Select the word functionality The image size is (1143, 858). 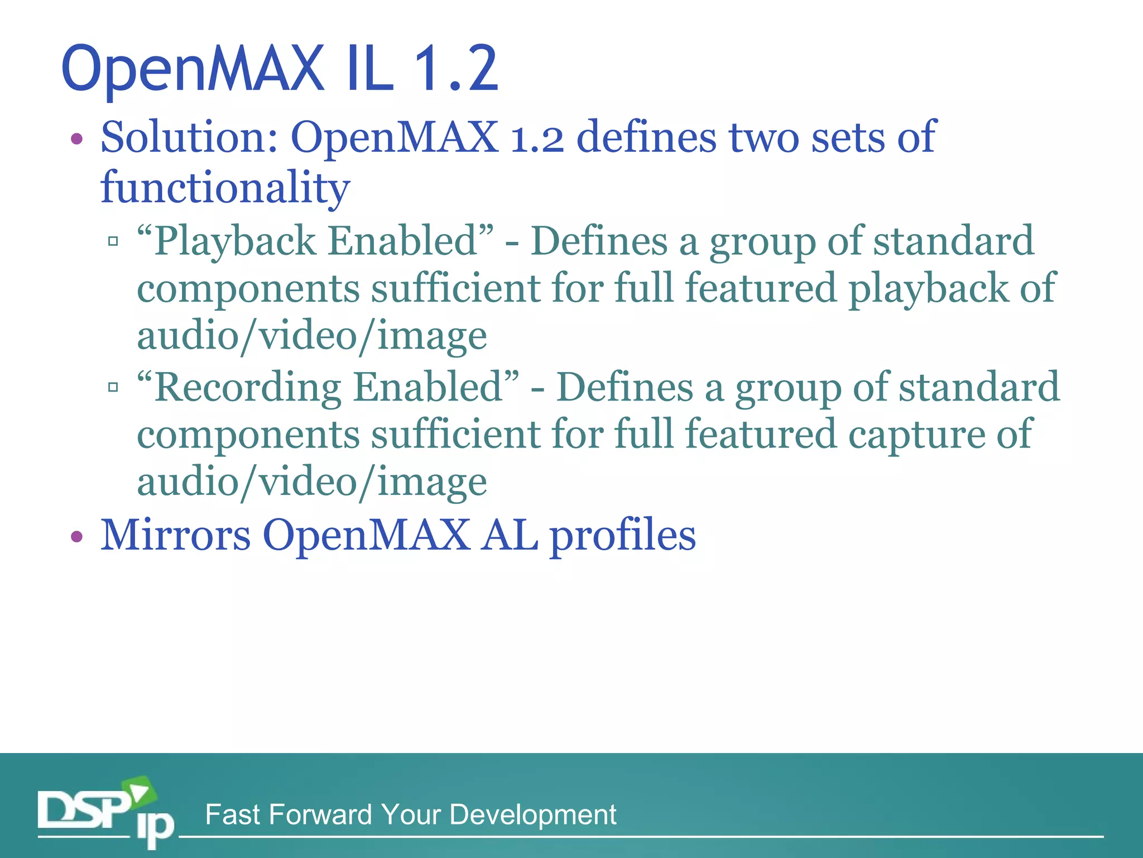(x=225, y=187)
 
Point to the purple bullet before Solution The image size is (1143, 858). (x=77, y=139)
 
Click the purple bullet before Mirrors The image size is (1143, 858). (x=77, y=537)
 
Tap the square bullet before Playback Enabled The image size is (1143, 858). (x=113, y=241)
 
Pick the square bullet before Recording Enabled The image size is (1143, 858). (x=113, y=387)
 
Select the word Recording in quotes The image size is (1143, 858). (x=248, y=387)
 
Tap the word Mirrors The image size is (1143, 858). (x=175, y=535)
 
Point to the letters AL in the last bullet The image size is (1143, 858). (x=510, y=535)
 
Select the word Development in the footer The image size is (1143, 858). (x=532, y=814)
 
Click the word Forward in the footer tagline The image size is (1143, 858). (x=320, y=814)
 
